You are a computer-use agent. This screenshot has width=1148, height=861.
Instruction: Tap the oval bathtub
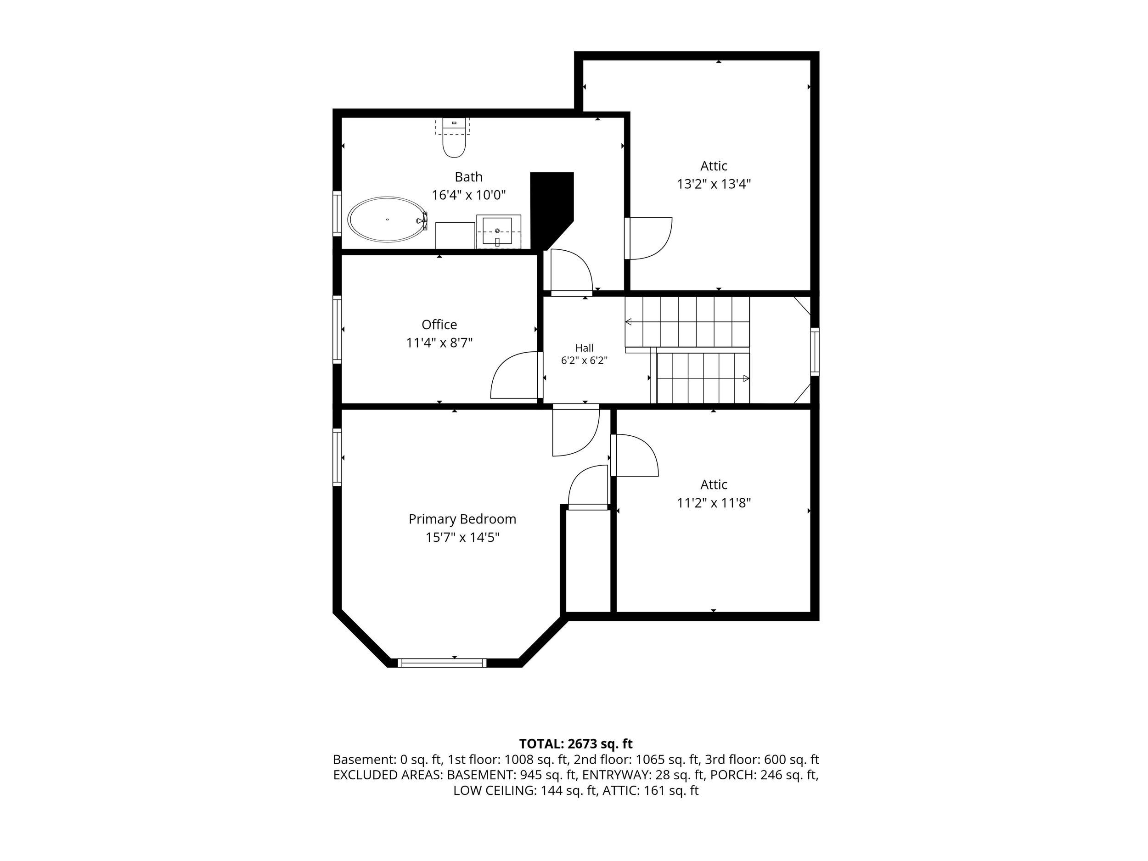point(387,219)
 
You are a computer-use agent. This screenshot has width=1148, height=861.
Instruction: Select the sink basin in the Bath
point(497,231)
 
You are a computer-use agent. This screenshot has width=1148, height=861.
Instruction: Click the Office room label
point(439,324)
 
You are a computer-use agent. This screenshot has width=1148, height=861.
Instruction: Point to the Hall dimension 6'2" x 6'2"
point(585,360)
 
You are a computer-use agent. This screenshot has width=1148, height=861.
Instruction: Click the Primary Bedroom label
point(462,519)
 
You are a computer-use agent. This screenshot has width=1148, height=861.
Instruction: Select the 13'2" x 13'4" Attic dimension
point(714,184)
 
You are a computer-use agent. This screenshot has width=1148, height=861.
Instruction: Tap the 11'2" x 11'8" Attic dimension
point(714,502)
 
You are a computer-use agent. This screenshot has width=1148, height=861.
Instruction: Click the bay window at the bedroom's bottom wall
point(442,663)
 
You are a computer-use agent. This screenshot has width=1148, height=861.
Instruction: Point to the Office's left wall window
point(338,329)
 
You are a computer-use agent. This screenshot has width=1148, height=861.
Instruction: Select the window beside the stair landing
point(815,351)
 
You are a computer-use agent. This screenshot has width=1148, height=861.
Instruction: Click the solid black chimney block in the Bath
point(551,210)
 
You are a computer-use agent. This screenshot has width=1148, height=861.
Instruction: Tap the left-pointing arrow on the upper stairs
point(628,322)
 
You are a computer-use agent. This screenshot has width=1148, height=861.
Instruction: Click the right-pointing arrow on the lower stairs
point(746,378)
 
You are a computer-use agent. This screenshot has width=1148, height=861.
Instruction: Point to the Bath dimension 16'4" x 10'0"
point(469,195)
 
